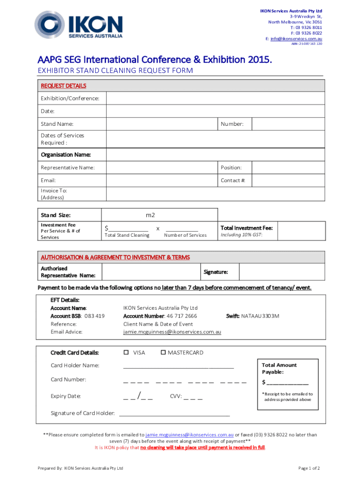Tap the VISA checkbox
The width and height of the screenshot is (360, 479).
coord(126,352)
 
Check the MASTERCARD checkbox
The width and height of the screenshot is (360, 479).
coord(163,352)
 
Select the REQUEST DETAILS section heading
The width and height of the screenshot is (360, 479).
coord(63,86)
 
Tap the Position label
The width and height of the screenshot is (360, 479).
coord(231,167)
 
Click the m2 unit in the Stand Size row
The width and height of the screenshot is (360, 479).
coord(150,215)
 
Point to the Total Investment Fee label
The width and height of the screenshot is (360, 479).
coord(246,228)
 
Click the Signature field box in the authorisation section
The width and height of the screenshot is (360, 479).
coord(281,272)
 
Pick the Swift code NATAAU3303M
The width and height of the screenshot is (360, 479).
coord(260,316)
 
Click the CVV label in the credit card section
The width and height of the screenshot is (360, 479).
coord(176,396)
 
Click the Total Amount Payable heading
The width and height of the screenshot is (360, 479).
coord(279,368)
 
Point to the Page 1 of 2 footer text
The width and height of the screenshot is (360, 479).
coord(309,468)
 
